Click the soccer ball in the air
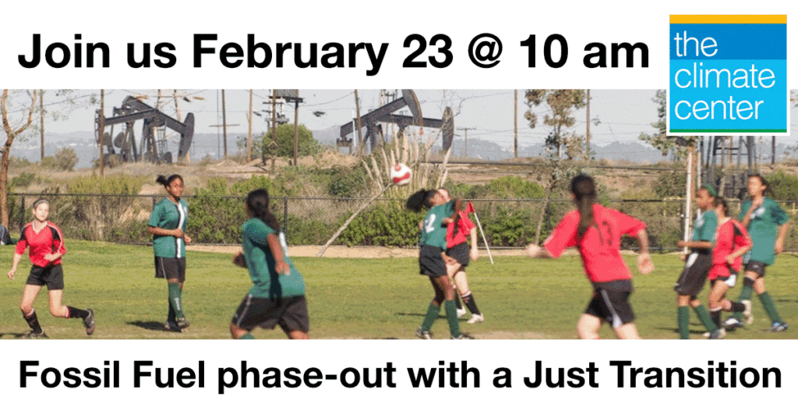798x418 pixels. [x=401, y=174]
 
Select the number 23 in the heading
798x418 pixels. [x=427, y=51]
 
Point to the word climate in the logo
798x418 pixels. [x=725, y=77]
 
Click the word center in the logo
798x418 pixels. [x=719, y=109]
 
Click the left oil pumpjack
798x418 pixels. [x=144, y=129]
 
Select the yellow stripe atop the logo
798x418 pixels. [x=728, y=19]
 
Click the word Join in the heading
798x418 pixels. [x=64, y=51]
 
